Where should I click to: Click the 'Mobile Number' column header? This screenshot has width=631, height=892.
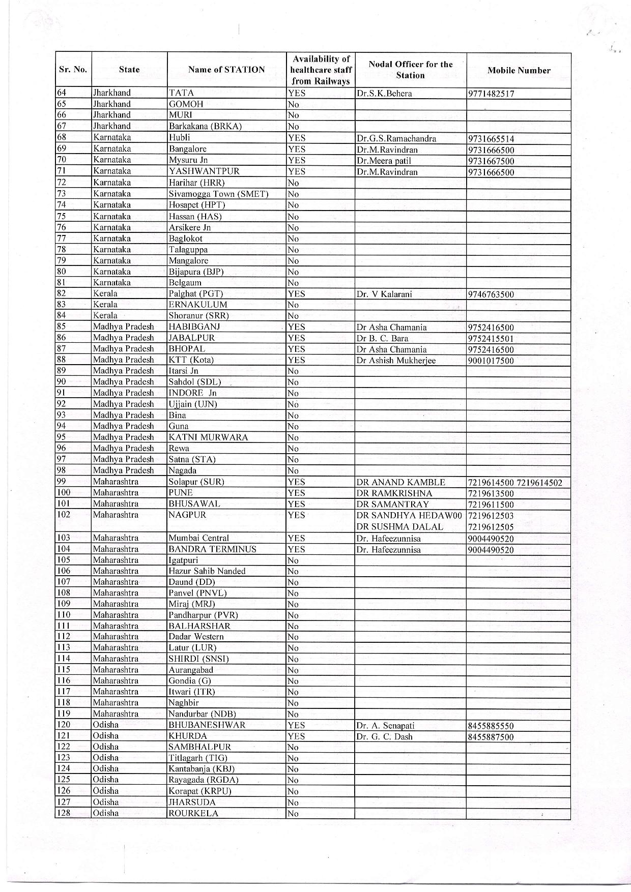pos(519,71)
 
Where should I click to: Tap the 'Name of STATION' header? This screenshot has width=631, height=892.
pos(226,70)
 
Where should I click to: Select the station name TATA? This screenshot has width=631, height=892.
pos(182,93)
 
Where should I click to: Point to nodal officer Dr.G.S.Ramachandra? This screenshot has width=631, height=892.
pos(396,138)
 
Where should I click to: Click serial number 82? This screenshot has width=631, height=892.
pos(62,293)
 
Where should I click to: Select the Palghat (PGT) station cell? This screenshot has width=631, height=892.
pos(196,294)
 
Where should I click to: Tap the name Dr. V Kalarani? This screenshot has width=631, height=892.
pos(384,294)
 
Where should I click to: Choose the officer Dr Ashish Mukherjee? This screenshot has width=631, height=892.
pos(396,361)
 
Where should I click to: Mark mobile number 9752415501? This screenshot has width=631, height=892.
pos(491,339)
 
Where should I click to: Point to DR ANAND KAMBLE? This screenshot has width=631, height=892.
pos(401,482)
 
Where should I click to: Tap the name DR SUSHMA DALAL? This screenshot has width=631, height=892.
pos(400,527)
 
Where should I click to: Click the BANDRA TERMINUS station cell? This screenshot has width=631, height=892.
pos(213,549)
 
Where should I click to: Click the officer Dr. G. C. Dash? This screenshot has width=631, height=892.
pos(384,736)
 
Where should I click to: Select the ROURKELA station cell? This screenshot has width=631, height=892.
pos(193,813)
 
